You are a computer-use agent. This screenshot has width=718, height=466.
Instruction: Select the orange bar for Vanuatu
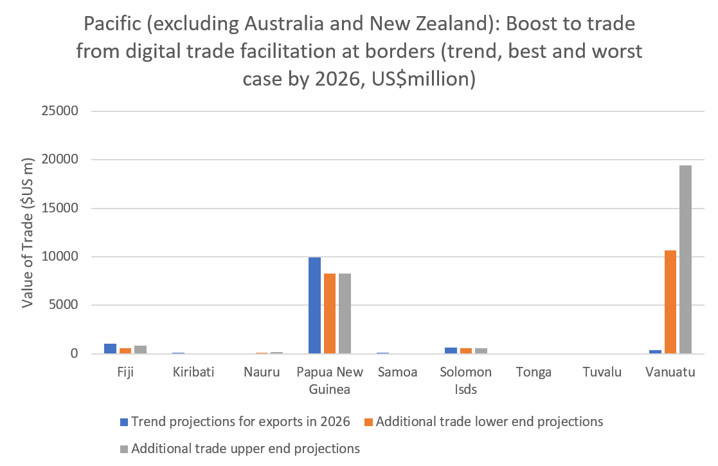point(670,302)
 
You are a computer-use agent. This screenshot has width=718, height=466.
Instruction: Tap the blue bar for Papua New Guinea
point(314,305)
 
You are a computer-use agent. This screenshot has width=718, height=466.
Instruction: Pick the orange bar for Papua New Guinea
point(330,313)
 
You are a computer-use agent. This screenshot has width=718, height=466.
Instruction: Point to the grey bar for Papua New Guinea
point(345,313)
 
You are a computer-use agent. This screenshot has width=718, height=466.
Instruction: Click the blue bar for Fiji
point(110,349)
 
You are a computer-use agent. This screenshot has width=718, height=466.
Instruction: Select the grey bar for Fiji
point(141,349)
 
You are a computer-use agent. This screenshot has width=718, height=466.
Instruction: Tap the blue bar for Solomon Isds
point(450,351)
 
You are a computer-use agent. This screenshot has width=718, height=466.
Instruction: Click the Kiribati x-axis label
point(193,372)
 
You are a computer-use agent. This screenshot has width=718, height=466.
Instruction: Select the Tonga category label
point(534,372)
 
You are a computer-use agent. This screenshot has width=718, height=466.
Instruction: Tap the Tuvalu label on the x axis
point(602,372)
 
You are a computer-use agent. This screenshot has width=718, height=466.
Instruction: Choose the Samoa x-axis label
point(398,372)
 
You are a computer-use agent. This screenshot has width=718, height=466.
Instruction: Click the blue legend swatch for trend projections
point(124,422)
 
